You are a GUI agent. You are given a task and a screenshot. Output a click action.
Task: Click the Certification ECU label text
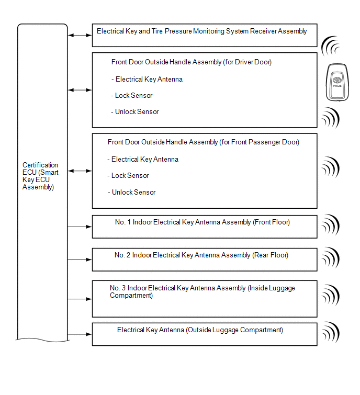40,176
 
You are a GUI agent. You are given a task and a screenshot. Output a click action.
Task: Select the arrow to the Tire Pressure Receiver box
80,35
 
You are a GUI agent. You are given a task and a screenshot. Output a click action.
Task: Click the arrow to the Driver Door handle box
80,90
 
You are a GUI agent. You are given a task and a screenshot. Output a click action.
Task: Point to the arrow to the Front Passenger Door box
80,171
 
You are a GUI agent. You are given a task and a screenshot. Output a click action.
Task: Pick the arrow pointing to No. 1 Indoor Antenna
80,227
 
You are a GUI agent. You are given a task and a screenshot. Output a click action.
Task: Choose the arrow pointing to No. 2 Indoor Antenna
80,259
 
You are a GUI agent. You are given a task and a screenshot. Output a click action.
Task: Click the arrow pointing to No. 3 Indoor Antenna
80,299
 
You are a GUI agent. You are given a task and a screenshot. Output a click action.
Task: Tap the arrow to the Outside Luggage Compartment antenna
80,334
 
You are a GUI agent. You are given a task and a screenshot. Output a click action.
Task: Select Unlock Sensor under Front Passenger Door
133,192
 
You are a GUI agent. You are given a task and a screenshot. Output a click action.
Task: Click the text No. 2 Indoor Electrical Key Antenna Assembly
201,255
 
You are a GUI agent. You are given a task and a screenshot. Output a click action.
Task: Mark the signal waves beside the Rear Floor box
331,258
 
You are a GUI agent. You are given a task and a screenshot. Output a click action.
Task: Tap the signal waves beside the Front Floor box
331,225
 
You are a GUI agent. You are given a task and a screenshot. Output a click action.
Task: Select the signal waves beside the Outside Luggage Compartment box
331,332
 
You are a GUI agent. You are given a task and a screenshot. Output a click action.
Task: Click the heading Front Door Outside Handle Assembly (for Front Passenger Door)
204,142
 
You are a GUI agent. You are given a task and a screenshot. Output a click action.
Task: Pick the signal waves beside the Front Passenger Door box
331,167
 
